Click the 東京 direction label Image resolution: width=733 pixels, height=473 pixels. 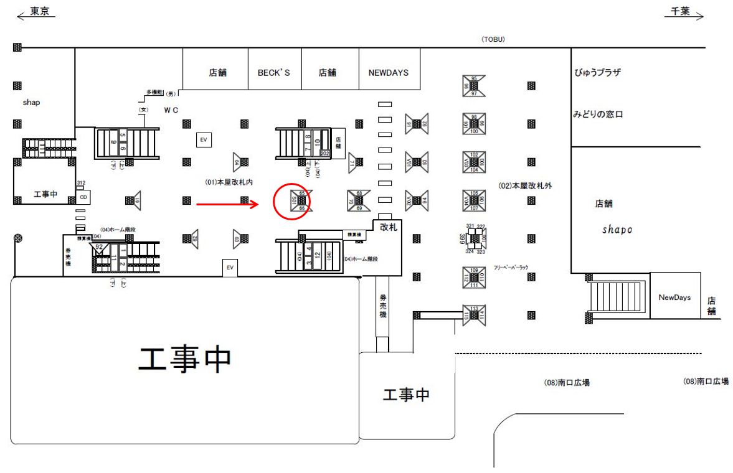[x=39, y=11]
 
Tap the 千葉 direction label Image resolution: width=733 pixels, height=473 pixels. [x=680, y=11]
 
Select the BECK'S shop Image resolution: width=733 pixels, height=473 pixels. [x=274, y=73]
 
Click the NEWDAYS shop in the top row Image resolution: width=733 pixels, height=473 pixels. [x=384, y=73]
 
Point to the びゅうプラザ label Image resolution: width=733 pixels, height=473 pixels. [x=597, y=73]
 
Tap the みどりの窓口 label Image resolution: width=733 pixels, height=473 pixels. [x=598, y=115]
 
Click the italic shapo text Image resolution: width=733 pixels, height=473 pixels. [x=617, y=230]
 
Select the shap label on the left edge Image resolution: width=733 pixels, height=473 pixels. [x=31, y=103]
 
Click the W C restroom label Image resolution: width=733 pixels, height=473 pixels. [x=171, y=110]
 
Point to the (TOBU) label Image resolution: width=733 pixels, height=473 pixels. [x=493, y=39]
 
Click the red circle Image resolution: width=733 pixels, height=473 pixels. [x=292, y=201]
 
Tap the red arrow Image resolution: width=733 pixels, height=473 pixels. [x=227, y=203]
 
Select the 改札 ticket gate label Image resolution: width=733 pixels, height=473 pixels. [x=388, y=227]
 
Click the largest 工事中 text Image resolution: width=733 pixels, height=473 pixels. [x=185, y=359]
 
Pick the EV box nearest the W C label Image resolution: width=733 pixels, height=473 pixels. [x=203, y=140]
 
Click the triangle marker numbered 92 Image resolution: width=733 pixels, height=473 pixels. [x=99, y=248]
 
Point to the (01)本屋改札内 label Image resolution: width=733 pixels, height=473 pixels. [x=230, y=182]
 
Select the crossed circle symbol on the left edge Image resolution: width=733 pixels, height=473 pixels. [x=18, y=237]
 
